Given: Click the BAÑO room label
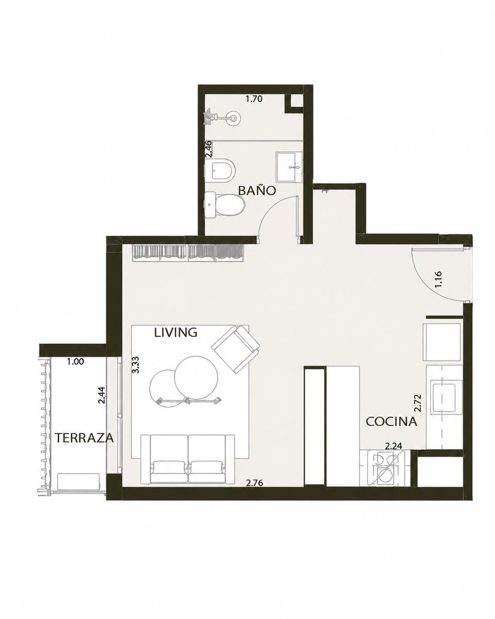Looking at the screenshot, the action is [x=257, y=191].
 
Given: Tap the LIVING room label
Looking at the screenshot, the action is [x=176, y=333].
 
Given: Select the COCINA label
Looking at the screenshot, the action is [x=391, y=421].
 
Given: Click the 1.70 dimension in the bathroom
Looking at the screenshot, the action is [x=254, y=99].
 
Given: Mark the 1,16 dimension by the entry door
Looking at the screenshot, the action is [x=439, y=279].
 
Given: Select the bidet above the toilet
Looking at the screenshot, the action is [x=220, y=170].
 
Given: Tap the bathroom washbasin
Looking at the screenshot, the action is [x=289, y=167].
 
